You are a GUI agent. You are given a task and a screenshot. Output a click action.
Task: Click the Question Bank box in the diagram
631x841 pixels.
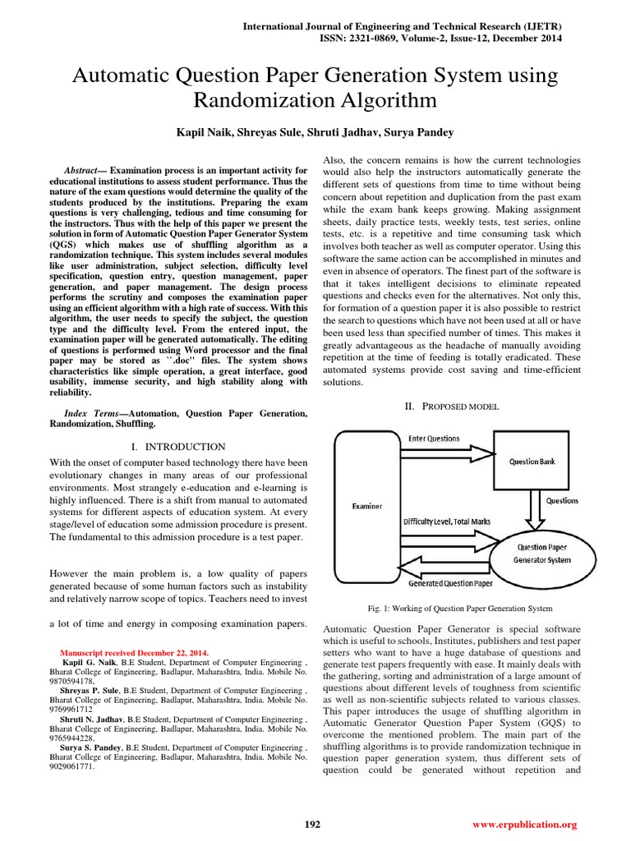[532, 462]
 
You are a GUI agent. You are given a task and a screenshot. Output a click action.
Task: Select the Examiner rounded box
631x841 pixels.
[366, 507]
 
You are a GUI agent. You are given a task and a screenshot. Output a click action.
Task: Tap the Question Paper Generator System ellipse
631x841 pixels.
[541, 553]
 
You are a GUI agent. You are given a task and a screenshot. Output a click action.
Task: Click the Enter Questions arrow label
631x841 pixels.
[434, 439]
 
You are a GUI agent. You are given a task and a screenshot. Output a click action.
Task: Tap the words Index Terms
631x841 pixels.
[90, 412]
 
